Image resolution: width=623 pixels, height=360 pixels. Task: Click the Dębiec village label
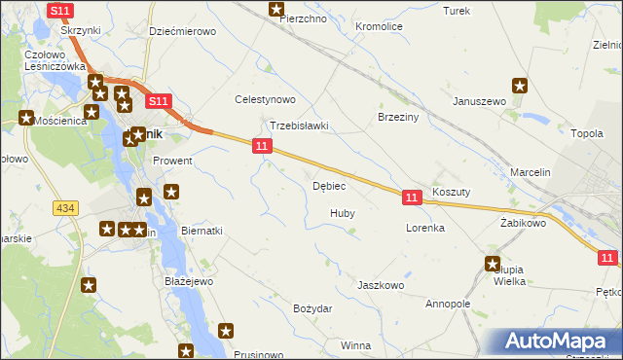click(329, 186)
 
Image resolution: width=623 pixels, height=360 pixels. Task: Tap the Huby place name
click(342, 212)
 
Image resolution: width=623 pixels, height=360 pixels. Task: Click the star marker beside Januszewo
click(520, 87)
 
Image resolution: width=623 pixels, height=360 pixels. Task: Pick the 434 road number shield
click(65, 209)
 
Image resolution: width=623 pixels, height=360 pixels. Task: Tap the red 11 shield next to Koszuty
click(411, 198)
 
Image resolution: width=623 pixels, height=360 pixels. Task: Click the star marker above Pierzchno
click(275, 10)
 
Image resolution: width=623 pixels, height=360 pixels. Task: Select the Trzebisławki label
click(299, 126)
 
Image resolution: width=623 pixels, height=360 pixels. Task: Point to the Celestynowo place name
click(265, 99)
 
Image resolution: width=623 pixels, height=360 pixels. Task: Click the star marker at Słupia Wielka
click(493, 263)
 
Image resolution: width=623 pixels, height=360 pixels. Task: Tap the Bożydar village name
click(312, 308)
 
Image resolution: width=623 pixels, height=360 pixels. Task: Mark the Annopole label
click(447, 304)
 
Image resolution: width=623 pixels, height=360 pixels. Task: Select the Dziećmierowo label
click(182, 31)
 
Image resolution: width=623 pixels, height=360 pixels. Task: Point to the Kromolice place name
click(380, 26)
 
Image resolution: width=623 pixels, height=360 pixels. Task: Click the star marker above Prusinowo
click(227, 332)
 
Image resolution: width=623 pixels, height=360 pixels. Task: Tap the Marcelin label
click(531, 172)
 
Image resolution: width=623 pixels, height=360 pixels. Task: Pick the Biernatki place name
click(202, 231)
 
